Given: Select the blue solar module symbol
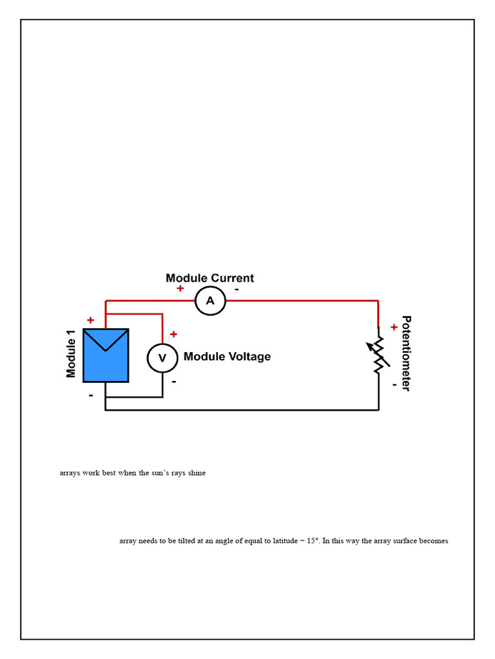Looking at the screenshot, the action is pyautogui.click(x=106, y=355).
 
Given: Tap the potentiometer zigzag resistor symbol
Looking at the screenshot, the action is pyautogui.click(x=378, y=355).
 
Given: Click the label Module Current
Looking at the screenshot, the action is pyautogui.click(x=209, y=278).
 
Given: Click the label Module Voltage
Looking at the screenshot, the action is pyautogui.click(x=228, y=357).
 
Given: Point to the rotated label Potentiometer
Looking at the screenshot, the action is pyautogui.click(x=406, y=353).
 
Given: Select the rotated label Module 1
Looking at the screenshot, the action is pyautogui.click(x=71, y=354).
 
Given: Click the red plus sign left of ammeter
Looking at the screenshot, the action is pyautogui.click(x=180, y=288).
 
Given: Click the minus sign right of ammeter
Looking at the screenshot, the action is pyautogui.click(x=237, y=289).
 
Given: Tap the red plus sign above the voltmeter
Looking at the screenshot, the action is pyautogui.click(x=173, y=334).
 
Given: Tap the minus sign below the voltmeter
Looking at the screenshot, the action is pyautogui.click(x=174, y=382).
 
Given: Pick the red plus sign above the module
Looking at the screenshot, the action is pyautogui.click(x=90, y=320).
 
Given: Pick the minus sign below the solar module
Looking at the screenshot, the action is pyautogui.click(x=91, y=396).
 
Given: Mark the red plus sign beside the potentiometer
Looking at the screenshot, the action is pyautogui.click(x=394, y=327).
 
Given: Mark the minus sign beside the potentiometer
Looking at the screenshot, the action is pyautogui.click(x=394, y=385).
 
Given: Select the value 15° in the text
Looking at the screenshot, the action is pyautogui.click(x=313, y=541).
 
